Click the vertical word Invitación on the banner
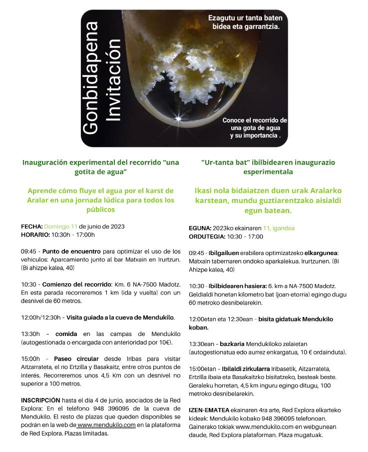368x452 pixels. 115,79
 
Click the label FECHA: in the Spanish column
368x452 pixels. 31,226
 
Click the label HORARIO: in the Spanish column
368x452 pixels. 35,235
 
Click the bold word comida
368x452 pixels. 66,334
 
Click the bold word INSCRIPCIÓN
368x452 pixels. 40,400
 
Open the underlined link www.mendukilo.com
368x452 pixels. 107,425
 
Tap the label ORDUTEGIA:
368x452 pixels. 207,236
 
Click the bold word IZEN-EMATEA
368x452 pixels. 209,410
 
